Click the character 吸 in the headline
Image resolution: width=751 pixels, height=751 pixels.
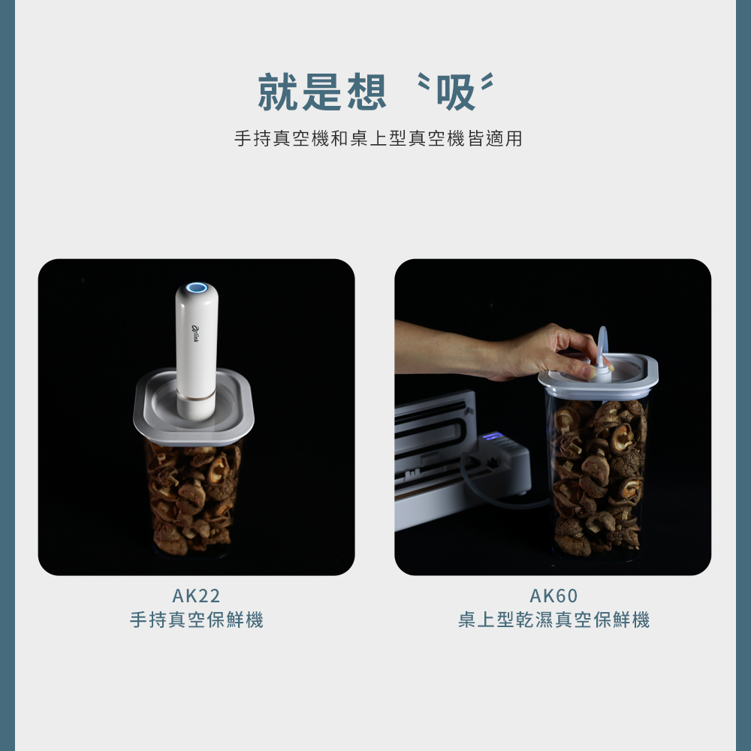coord(456,92)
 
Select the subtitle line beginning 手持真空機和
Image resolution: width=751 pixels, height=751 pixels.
coord(378,138)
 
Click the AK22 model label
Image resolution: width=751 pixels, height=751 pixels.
coord(196,596)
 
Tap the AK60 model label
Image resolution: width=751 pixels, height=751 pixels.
coord(553,596)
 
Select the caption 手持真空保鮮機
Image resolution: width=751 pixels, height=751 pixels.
coord(196,620)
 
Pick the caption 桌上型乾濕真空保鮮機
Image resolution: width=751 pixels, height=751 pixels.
coord(553,620)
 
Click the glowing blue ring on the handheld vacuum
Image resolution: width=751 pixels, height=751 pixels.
coord(196,288)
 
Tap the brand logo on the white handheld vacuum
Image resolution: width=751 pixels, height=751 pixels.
coord(195,334)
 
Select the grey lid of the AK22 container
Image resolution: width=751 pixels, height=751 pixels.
coord(194,407)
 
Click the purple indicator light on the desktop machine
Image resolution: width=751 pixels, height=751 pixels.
coord(493,436)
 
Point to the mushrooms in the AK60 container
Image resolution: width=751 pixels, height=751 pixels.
coord(599,477)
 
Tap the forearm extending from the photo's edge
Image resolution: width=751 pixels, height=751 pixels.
coord(441,347)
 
